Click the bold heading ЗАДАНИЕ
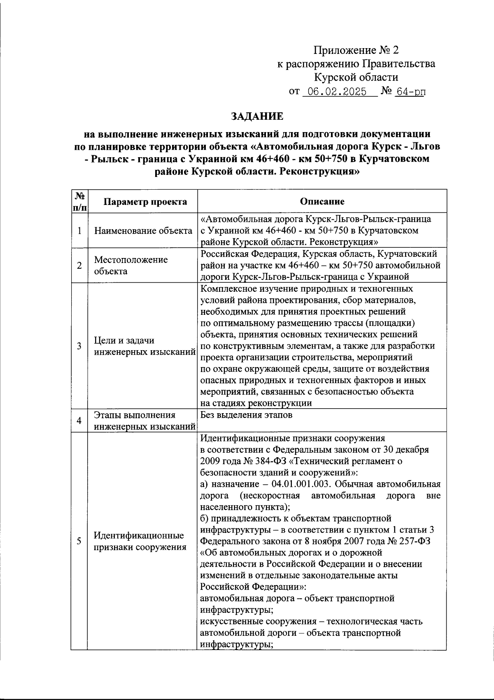pyautogui.click(x=257, y=116)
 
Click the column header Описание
pyautogui.click(x=322, y=202)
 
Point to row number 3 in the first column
pyautogui.click(x=79, y=346)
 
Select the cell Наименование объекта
pyautogui.click(x=143, y=230)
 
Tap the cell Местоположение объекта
pyautogui.click(x=131, y=265)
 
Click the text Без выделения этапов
pyautogui.click(x=246, y=415)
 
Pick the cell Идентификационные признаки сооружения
pyautogui.click(x=139, y=541)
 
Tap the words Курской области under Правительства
pyautogui.click(x=356, y=77)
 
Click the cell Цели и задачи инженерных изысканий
pyautogui.click(x=144, y=346)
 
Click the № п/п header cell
pyautogui.click(x=79, y=202)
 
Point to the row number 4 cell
pyautogui.click(x=79, y=421)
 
